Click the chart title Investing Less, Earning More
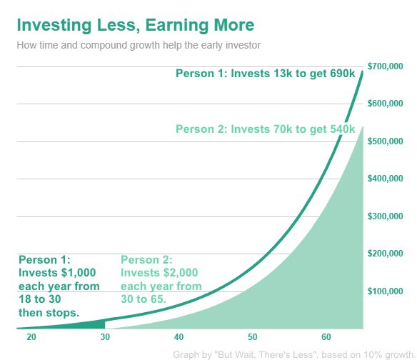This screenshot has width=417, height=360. pos(134,26)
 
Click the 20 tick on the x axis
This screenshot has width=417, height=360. pos(31,337)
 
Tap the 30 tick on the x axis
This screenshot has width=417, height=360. pos(105,337)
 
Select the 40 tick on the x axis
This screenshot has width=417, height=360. pos(179,337)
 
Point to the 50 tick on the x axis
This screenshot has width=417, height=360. pos(252,337)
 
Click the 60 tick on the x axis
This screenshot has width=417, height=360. pos(326,337)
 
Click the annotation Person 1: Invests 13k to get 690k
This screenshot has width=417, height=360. pos(266,73)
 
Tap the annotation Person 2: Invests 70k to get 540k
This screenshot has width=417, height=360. pos(266,129)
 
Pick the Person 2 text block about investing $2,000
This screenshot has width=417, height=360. pos(161,279)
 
